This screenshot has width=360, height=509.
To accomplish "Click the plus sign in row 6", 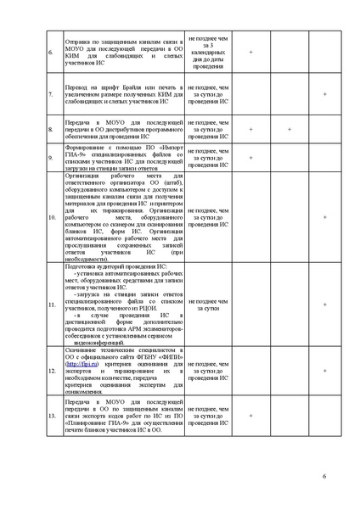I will pos(251,53).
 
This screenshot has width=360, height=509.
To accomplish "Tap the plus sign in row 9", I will pos(251,158).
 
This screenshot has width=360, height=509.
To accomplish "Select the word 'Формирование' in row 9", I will pos(84,145).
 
